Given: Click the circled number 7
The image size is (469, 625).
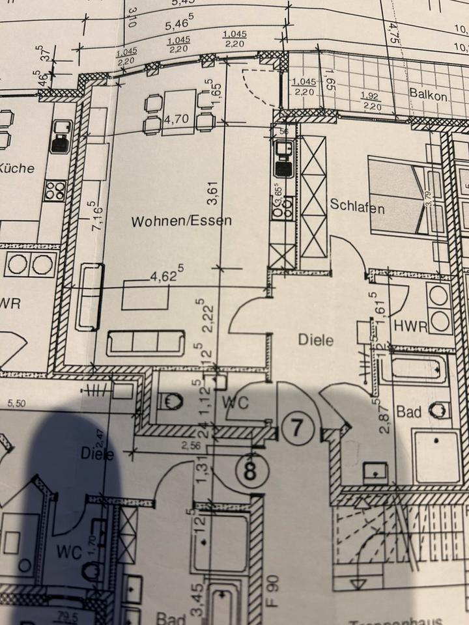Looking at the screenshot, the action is pos(297,428).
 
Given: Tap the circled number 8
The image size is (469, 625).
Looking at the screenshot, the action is pos(250,471).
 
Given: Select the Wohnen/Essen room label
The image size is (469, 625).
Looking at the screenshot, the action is pos(181,221).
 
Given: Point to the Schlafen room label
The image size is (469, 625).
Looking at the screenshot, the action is pos(357,208).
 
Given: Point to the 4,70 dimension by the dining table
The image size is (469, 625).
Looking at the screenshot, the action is pos(175,120).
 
